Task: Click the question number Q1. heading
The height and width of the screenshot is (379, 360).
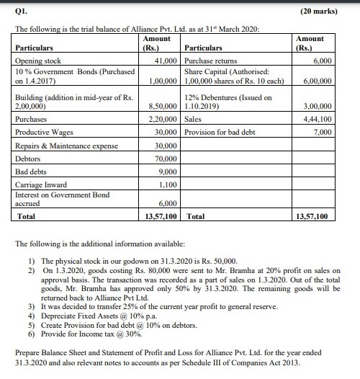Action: click(x=21, y=8)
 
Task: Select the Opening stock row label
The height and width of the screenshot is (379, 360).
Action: click(x=39, y=62)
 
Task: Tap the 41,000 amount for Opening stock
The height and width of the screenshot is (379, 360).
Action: click(x=166, y=62)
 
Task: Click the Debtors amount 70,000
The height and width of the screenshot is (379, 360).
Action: click(x=166, y=159)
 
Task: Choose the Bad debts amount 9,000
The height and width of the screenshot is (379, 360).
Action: click(x=168, y=171)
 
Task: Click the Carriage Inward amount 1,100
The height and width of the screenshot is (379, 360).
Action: click(x=168, y=184)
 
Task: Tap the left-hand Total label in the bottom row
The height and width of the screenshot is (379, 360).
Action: click(x=26, y=215)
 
